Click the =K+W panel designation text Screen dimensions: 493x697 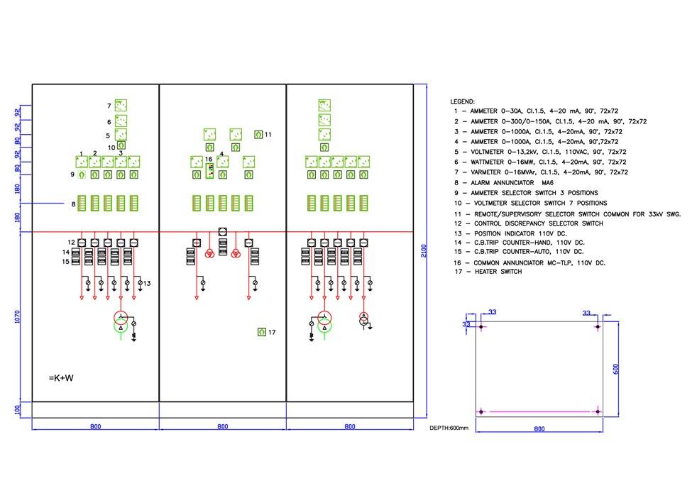61,378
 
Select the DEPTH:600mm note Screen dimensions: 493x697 449,428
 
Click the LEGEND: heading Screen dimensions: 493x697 463,101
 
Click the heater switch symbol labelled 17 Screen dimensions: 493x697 261,332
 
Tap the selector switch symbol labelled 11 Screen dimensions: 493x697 258,134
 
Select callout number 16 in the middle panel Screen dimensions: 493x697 209,159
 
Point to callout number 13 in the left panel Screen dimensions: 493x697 147,284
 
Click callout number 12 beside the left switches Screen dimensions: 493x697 72,242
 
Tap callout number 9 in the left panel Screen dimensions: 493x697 72,175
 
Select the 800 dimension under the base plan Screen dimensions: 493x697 539,428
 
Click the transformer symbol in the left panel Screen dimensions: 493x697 121,319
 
